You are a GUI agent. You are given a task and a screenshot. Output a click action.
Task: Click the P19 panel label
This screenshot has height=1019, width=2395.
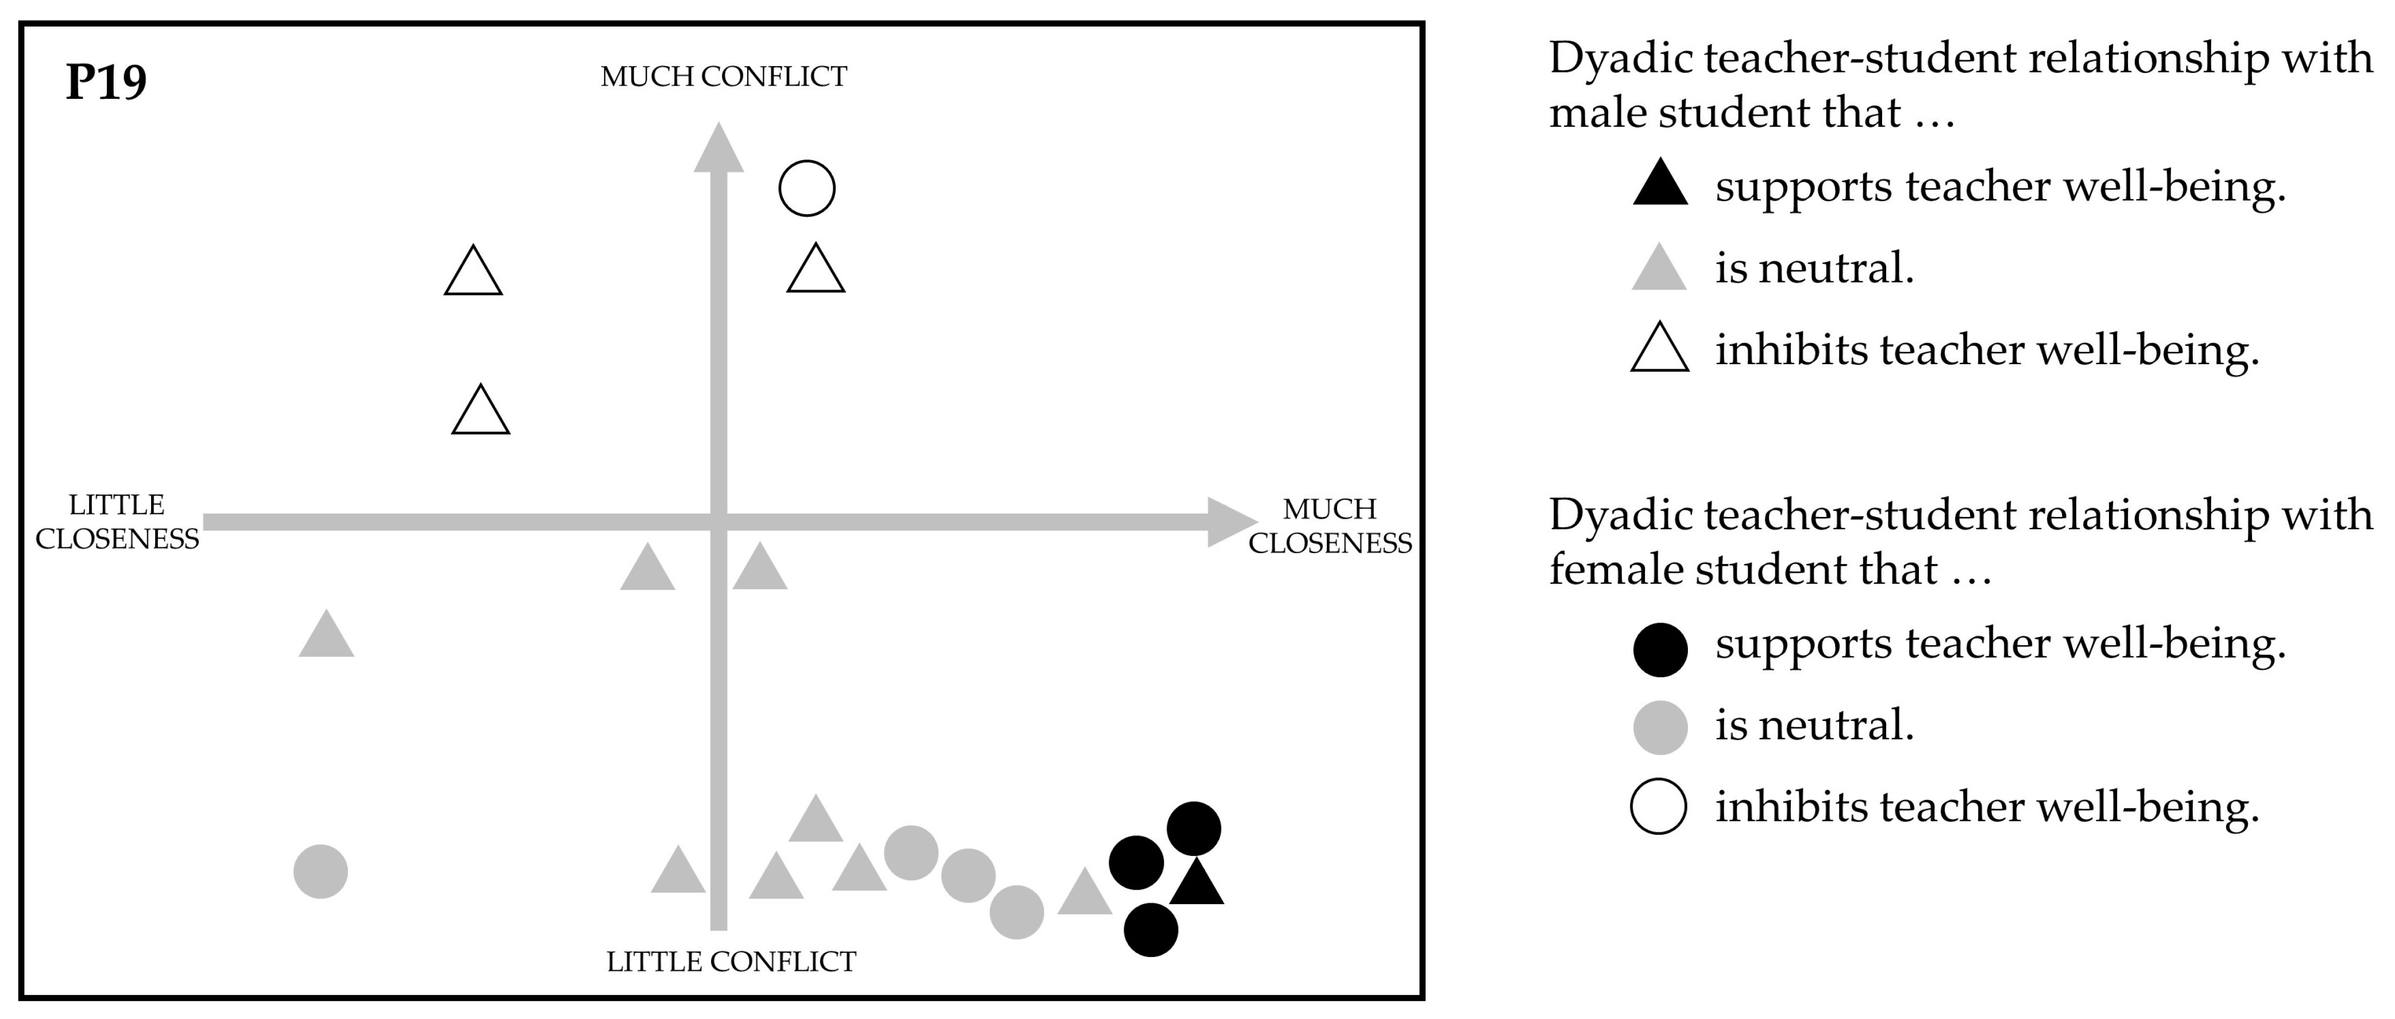(x=106, y=83)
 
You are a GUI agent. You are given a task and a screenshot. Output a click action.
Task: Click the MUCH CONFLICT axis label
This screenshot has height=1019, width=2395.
(x=723, y=76)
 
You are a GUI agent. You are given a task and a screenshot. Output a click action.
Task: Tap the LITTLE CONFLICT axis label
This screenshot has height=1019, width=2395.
(x=731, y=962)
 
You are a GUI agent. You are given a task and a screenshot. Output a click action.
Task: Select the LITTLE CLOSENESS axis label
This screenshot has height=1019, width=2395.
(x=117, y=522)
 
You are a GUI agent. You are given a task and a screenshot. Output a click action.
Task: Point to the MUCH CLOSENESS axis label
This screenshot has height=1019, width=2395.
(x=1330, y=526)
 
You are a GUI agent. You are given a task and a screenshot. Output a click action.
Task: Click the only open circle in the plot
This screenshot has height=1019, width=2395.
(x=806, y=189)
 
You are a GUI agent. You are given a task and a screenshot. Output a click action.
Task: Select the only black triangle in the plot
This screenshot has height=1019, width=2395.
(x=1196, y=884)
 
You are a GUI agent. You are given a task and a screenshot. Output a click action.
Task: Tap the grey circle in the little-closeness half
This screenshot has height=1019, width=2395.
(x=320, y=872)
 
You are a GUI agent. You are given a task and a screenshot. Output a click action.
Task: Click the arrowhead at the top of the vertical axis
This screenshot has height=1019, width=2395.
(x=718, y=149)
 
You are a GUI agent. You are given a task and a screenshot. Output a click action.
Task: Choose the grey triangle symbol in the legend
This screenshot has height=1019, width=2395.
(x=1660, y=268)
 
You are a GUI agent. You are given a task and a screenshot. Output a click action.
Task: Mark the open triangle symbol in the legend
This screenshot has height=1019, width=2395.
(x=1660, y=350)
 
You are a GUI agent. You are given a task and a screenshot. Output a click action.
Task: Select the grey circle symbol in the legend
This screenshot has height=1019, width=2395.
(x=1660, y=727)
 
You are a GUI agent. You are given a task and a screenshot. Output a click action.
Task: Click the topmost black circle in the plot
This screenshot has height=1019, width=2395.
(x=1194, y=828)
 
